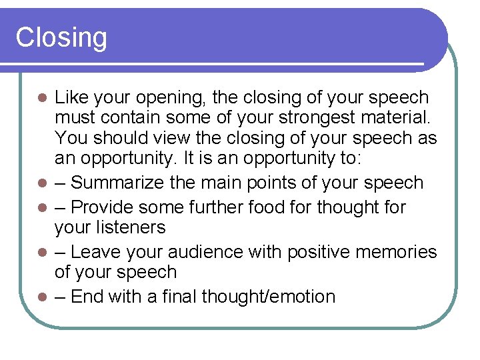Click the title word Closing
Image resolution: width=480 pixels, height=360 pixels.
[x=61, y=38]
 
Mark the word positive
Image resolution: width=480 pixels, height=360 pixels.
[x=323, y=252]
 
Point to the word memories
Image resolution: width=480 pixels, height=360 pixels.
[x=398, y=252]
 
